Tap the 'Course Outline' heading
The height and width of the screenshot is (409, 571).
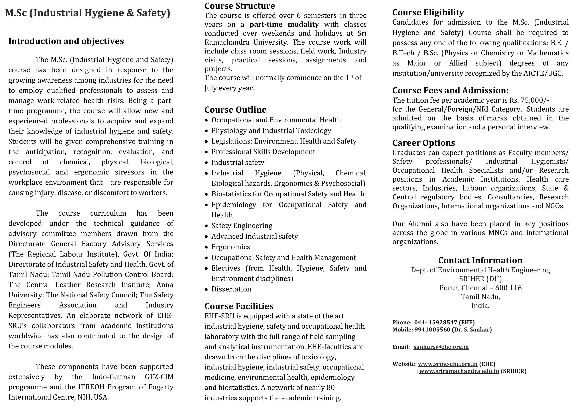click(x=235, y=110)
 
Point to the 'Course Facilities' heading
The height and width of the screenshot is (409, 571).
click(x=239, y=306)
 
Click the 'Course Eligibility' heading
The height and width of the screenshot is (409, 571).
click(x=428, y=13)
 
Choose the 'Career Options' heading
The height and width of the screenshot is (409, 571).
click(x=424, y=143)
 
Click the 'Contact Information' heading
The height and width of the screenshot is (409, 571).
click(x=480, y=260)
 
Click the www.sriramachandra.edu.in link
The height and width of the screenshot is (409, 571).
click(x=459, y=371)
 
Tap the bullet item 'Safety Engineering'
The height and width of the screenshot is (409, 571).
click(x=242, y=226)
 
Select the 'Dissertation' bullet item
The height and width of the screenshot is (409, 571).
click(x=231, y=289)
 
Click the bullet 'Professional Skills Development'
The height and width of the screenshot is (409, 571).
click(x=263, y=152)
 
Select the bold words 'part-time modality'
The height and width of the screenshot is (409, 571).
click(x=284, y=25)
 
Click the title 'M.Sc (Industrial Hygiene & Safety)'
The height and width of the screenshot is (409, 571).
click(x=88, y=13)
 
